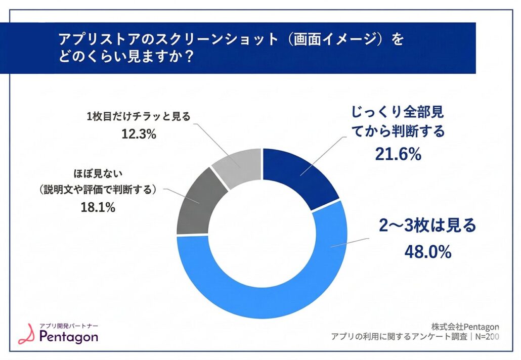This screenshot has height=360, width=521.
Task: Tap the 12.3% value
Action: pos(138,134)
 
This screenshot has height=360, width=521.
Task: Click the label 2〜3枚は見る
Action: pos(427,226)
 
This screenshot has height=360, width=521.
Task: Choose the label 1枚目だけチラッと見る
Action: pos(138,117)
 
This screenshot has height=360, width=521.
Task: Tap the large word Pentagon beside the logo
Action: pos(68,337)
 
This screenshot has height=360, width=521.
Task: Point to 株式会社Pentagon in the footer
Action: pos(465,326)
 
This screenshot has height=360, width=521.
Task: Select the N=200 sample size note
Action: pos(487,337)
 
